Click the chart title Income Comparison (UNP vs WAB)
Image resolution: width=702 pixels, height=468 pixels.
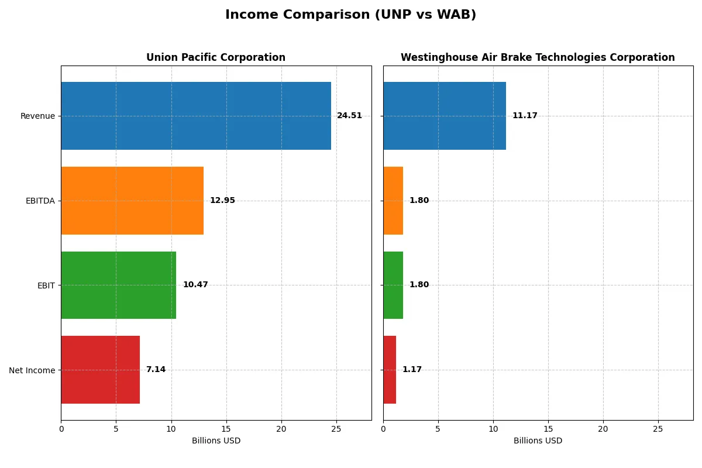[x=350, y=15]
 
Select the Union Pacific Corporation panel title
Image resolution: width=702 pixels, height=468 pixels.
[x=216, y=57]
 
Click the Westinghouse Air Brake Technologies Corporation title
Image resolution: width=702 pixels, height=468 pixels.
[x=538, y=57]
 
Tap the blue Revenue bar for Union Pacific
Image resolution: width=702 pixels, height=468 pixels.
[x=196, y=116]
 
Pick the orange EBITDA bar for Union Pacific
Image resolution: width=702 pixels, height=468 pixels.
[x=132, y=201]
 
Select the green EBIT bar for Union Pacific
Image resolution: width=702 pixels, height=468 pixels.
[x=118, y=285]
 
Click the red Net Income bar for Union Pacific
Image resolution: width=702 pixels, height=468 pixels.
[x=100, y=370]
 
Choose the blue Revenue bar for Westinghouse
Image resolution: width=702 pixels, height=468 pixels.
[x=445, y=116]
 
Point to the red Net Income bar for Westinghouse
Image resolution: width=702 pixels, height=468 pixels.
[x=390, y=370]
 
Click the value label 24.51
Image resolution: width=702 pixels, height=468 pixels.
[x=349, y=116]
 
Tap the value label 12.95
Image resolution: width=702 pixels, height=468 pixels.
[x=222, y=201]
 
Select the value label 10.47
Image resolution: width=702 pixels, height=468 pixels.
[x=195, y=285]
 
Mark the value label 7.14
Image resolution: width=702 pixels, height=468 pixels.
[x=156, y=370]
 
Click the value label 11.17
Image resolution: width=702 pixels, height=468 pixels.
[x=525, y=116]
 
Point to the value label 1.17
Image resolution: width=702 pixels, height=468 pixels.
[x=412, y=370]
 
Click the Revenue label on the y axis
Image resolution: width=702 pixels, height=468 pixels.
[x=37, y=116]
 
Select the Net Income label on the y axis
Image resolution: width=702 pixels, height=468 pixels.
[x=32, y=370]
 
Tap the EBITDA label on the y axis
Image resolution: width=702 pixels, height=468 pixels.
[x=40, y=201]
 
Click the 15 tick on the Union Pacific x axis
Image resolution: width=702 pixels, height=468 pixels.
[x=226, y=429]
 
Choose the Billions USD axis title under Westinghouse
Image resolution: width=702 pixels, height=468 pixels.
[x=538, y=441]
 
